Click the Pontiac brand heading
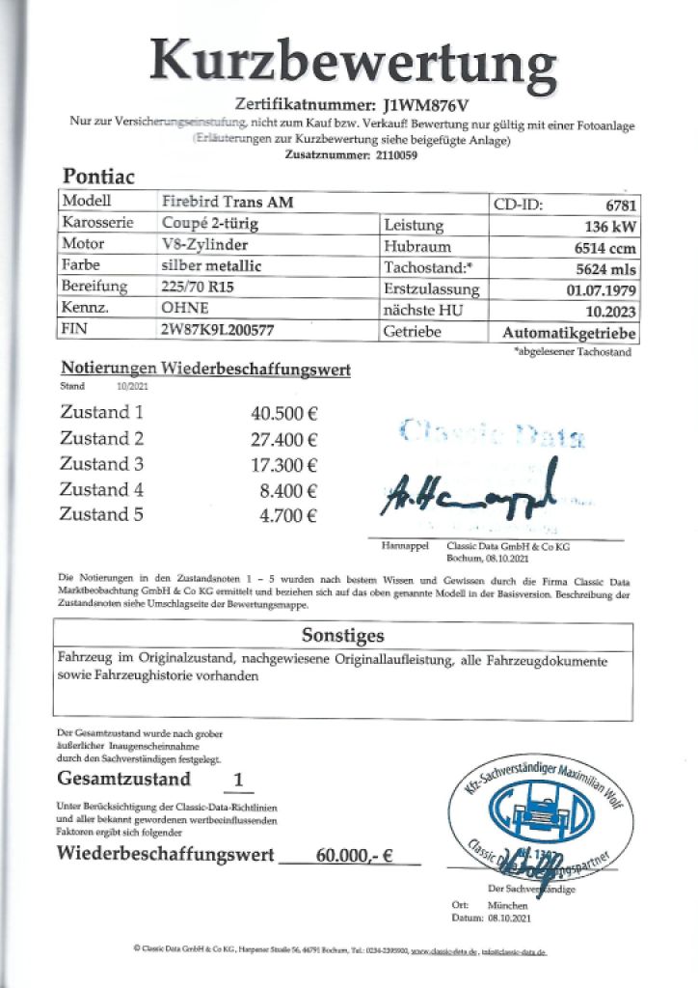[x=98, y=178]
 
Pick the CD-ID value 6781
[x=615, y=205]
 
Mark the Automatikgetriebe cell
[x=569, y=332]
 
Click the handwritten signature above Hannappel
[x=472, y=491]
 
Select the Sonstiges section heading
[x=343, y=636]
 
